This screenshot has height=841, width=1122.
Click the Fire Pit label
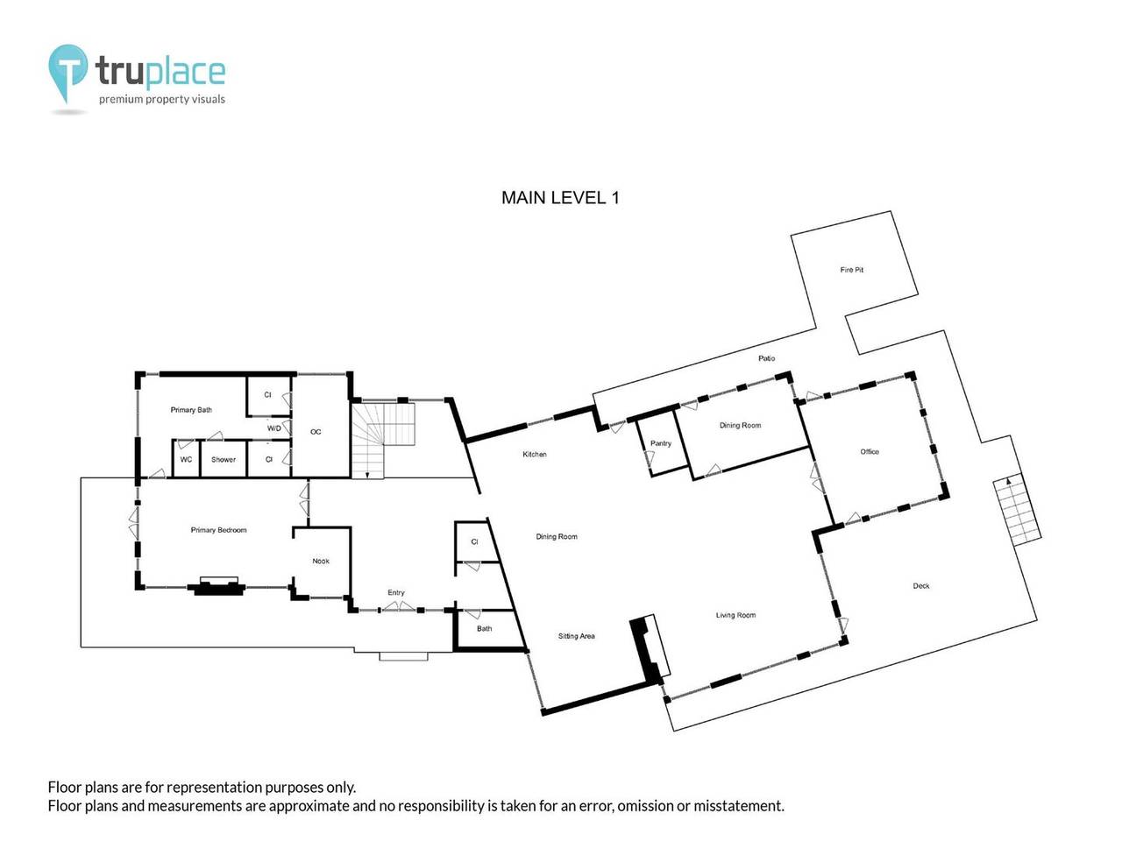pos(851,270)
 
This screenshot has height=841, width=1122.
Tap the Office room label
pos(869,452)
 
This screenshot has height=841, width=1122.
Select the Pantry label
pos(661,443)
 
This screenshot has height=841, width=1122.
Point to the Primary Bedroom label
pos(218,530)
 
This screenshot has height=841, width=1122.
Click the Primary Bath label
pos(191,410)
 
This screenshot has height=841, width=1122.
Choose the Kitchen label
pos(535,454)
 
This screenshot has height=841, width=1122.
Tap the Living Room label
pos(735,615)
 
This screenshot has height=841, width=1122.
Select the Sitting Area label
pos(576,636)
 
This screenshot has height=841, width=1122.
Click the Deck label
pos(920,586)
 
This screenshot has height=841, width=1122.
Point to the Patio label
pos(766,358)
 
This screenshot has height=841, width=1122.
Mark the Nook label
pos(321,561)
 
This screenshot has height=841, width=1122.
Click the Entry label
pos(396,593)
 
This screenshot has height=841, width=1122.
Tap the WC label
pos(186,460)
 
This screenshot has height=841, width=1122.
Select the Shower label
pos(224,460)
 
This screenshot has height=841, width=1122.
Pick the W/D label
pos(273,428)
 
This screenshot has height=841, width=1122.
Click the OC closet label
pos(316,432)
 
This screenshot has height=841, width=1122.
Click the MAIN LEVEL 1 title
pos(560,198)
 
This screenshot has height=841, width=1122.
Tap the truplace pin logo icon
pos(67,72)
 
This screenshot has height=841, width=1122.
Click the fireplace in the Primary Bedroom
pos(217,586)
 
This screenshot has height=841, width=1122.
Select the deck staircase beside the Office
pos(1017,511)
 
